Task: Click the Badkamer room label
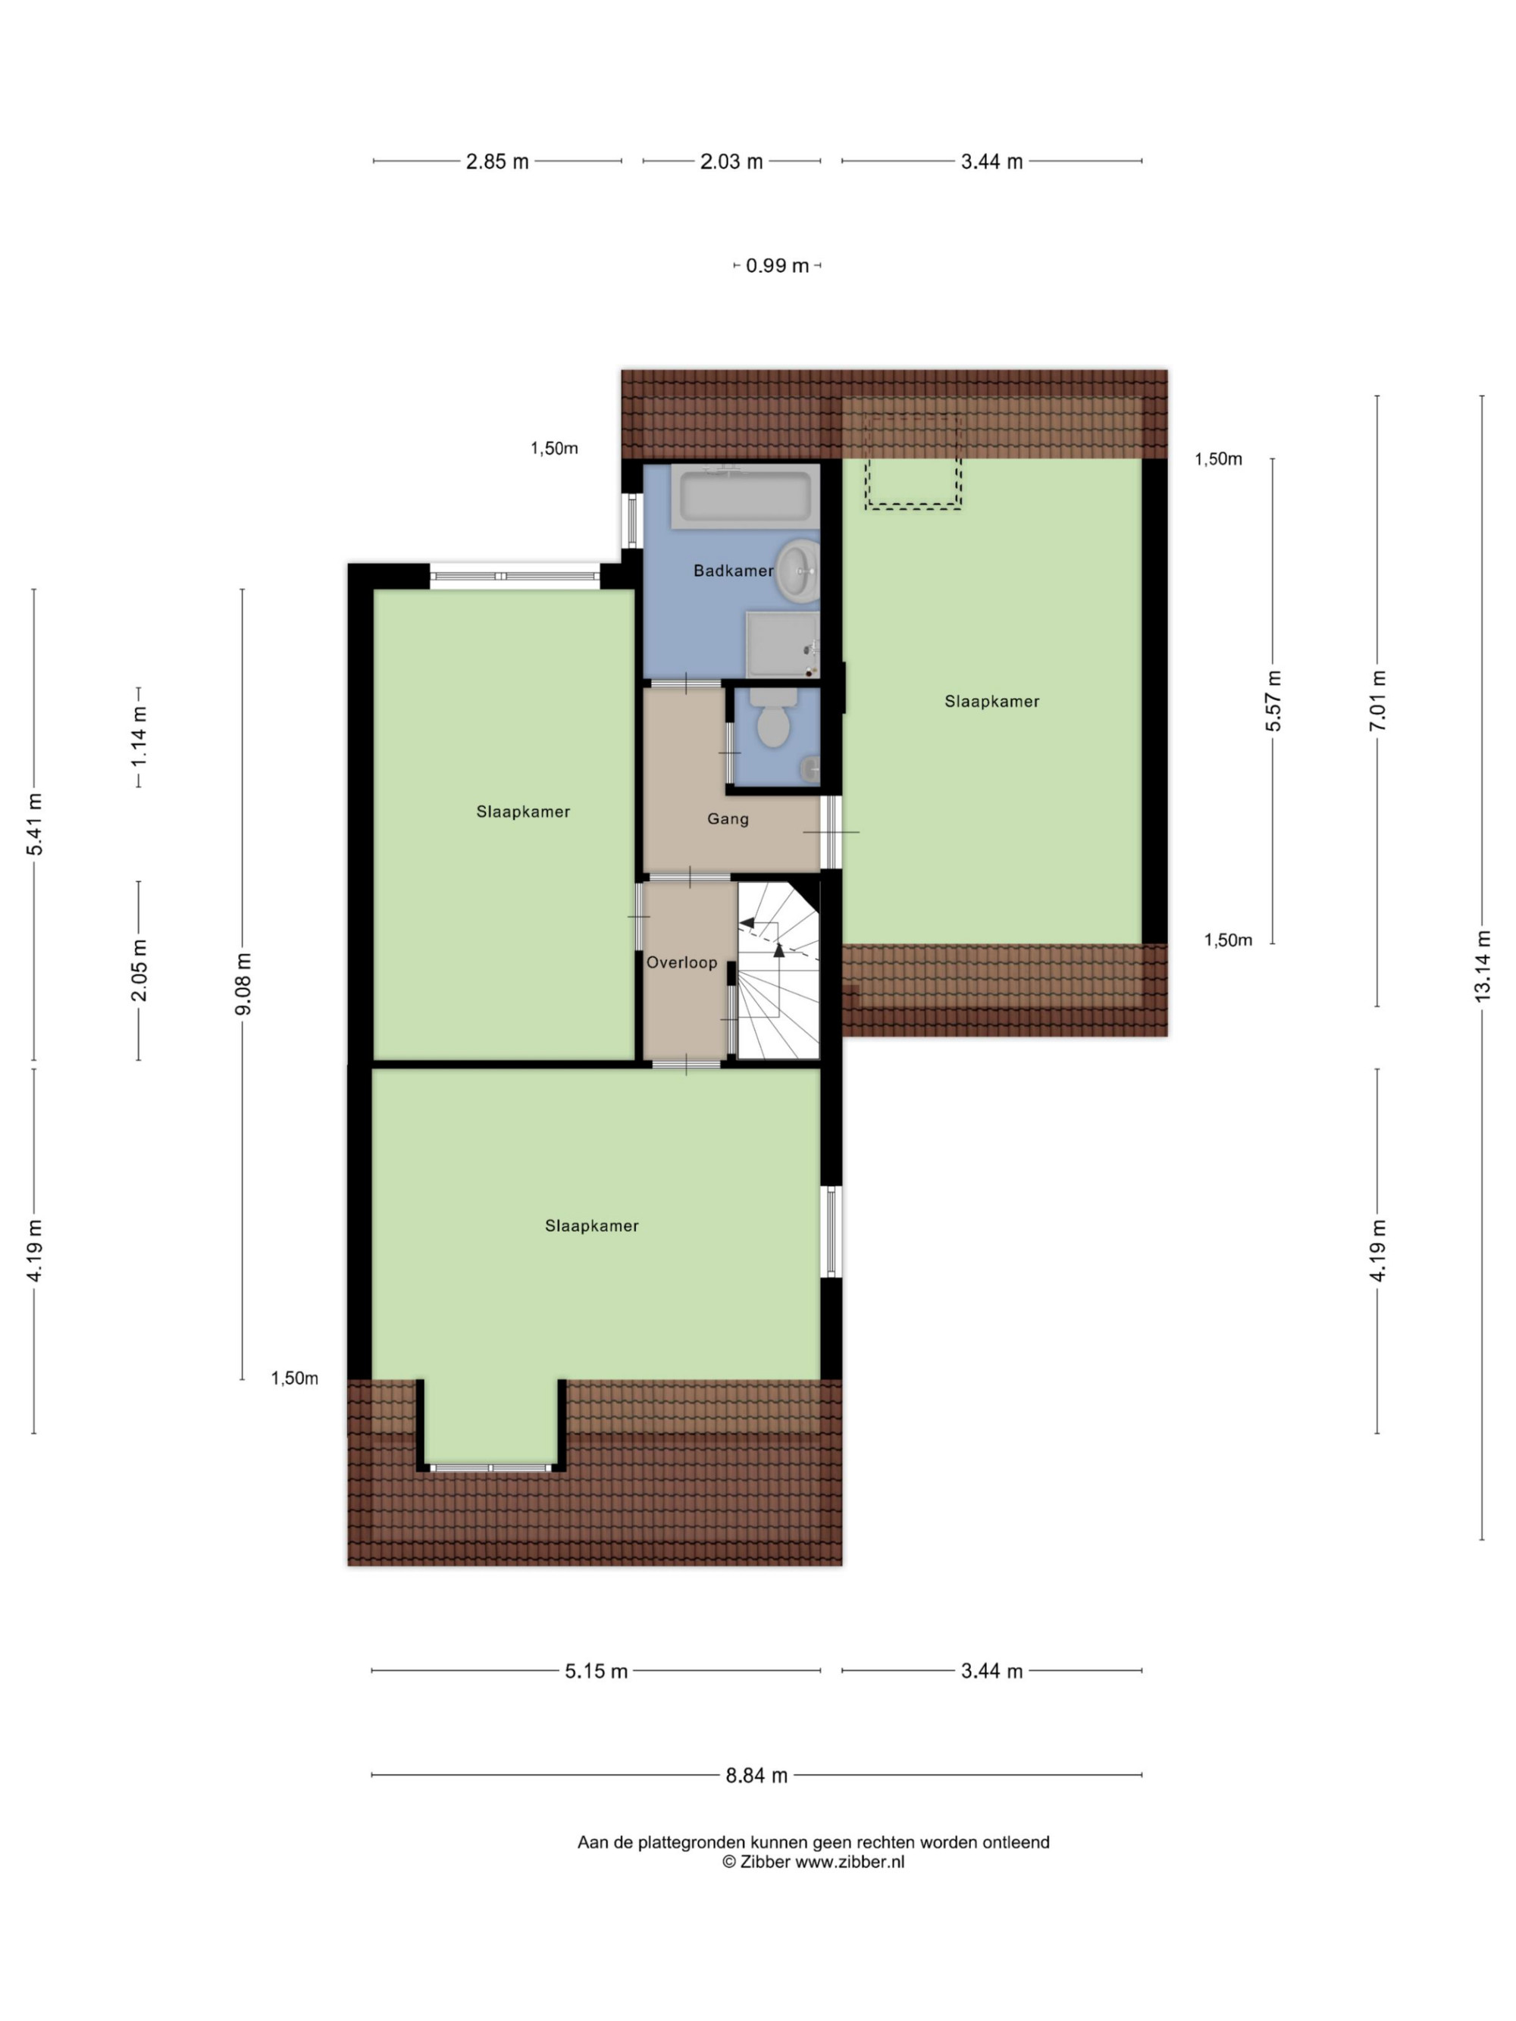coord(733,571)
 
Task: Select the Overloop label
coord(681,963)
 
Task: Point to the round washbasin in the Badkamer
coord(797,571)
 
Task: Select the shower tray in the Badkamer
coord(782,645)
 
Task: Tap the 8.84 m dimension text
coord(756,1775)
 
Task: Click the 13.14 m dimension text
coord(1481,965)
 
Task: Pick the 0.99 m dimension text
coord(778,266)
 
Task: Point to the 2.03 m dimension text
coord(731,161)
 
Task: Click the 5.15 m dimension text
coord(597,1671)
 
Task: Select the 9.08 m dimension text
coord(242,983)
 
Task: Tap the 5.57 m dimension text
coord(1273,701)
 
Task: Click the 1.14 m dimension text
coord(139,737)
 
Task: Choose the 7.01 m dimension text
coord(1377,701)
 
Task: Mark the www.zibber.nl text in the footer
coord(849,1862)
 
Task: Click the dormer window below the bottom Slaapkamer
coord(490,1467)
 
